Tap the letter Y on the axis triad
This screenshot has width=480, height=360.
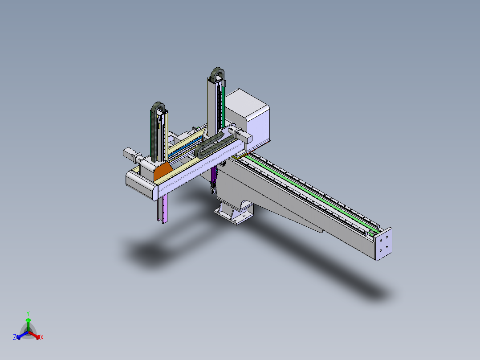tap(28, 313)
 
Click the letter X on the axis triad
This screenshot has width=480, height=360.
tap(42, 337)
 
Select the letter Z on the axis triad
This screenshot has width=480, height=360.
tap(15, 337)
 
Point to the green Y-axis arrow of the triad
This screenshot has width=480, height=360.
tap(28, 324)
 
